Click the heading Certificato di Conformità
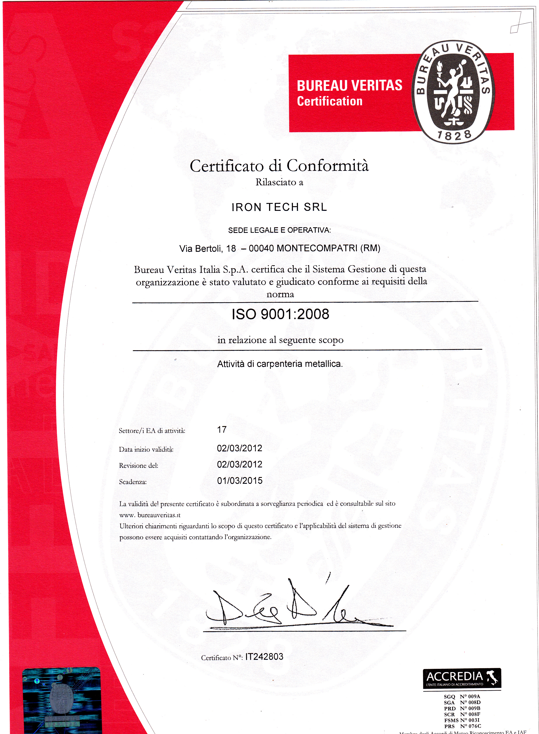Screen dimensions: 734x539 [279, 166]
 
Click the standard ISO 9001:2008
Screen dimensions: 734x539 [280, 314]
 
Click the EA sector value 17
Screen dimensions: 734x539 [222, 430]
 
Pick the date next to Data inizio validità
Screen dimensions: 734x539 [240, 448]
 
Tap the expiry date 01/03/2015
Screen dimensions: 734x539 [240, 481]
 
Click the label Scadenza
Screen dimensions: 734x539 [133, 482]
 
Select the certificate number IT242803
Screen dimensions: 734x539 [264, 657]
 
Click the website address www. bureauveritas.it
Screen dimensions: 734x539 [150, 515]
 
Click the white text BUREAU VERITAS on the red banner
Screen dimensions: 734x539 [349, 86]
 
